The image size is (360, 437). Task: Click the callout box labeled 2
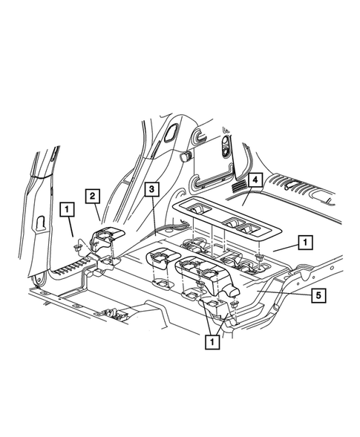[x=92, y=196]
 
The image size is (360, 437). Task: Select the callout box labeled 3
[x=150, y=191]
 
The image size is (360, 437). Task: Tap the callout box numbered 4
[x=254, y=180]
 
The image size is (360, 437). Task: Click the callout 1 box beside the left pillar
[x=67, y=210]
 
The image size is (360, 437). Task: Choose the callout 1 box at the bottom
[x=212, y=342]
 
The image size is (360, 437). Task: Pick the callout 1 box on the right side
[x=303, y=242]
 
